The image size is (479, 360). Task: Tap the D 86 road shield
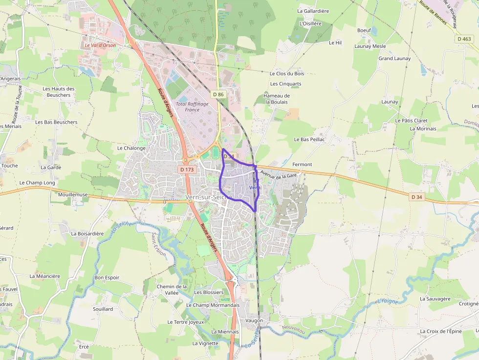pyautogui.click(x=218, y=93)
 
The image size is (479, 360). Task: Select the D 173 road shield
pyautogui.click(x=187, y=169)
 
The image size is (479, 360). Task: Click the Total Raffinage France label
pyautogui.click(x=192, y=106)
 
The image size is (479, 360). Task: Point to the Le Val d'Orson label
pyautogui.click(x=100, y=45)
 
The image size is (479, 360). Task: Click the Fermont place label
pyautogui.click(x=302, y=165)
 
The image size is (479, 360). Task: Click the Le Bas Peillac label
pyautogui.click(x=309, y=139)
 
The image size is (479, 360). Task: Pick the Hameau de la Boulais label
pyautogui.click(x=277, y=99)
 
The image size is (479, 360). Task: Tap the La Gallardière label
pyautogui.click(x=313, y=10)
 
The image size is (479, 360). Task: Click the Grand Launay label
pyautogui.click(x=394, y=58)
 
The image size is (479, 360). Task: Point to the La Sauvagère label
pyautogui.click(x=435, y=298)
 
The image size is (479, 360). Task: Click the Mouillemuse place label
pyautogui.click(x=72, y=194)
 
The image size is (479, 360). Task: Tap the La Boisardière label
pyautogui.click(x=87, y=233)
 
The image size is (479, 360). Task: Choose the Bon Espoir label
pyautogui.click(x=107, y=277)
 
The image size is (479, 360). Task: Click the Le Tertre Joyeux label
pyautogui.click(x=186, y=322)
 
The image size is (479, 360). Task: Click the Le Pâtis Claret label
pyautogui.click(x=411, y=120)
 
